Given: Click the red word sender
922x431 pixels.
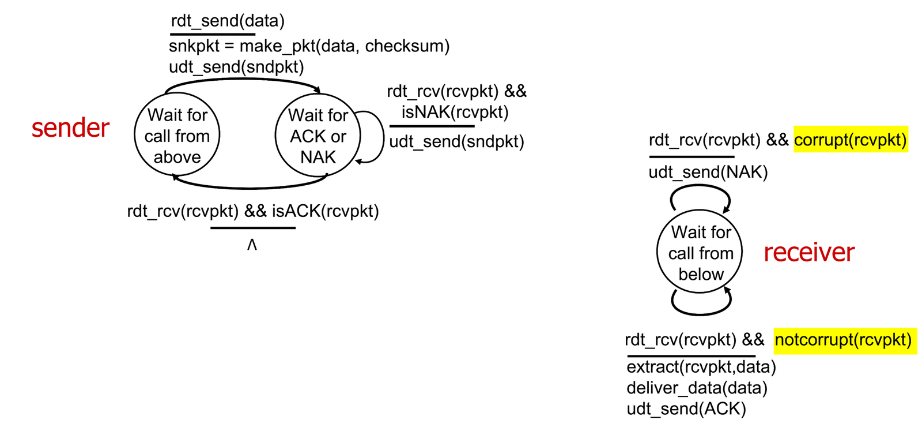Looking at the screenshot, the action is pos(70,128).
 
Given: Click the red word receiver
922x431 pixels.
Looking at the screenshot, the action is pos(809,252).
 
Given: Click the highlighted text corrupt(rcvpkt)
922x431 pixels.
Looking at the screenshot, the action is pos(851,140).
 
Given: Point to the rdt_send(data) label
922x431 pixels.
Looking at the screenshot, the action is pos(228,21).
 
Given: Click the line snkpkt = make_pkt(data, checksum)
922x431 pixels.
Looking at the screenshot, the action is pos(309,46).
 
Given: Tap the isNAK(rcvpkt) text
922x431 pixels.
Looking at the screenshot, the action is pos(455,112).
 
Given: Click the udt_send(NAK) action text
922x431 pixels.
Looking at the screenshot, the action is pos(708,173).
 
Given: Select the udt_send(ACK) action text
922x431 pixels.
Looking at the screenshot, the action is pos(686,409).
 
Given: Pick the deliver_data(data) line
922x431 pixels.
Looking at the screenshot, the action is pos(697,388).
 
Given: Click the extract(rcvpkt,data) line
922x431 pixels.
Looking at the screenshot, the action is pos(701,367).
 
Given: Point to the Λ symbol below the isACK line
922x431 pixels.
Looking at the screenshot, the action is pos(252,245).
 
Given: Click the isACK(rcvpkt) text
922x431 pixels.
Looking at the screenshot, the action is pos(325,211).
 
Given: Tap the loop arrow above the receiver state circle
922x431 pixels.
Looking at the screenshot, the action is pos(700,186).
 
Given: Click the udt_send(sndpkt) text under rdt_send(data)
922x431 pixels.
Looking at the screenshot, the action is pos(236,67).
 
